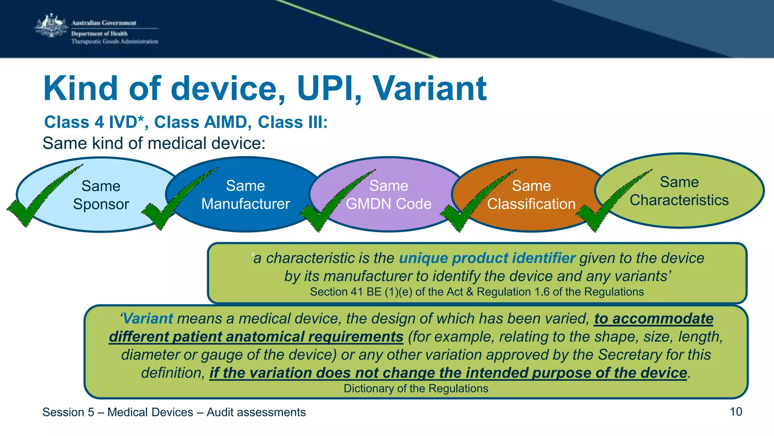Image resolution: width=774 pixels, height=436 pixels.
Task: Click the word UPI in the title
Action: pyautogui.click(x=329, y=89)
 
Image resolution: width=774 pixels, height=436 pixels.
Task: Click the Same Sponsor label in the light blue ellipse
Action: pyautogui.click(x=101, y=195)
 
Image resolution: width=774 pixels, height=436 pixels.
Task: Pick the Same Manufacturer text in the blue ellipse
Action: pyautogui.click(x=246, y=195)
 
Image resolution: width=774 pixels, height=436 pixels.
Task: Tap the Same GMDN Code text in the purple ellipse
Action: pyautogui.click(x=389, y=195)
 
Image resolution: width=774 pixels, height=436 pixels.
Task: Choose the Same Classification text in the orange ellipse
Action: pyautogui.click(x=531, y=195)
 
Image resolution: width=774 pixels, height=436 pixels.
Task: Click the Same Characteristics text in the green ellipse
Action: pyautogui.click(x=679, y=191)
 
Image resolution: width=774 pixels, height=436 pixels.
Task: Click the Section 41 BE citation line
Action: pyautogui.click(x=477, y=292)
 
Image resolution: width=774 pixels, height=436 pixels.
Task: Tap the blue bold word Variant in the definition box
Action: pyautogui.click(x=148, y=319)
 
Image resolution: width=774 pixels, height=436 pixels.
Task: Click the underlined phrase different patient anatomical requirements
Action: pyautogui.click(x=256, y=337)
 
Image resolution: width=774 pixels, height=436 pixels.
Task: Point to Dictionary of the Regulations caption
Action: pyautogui.click(x=416, y=389)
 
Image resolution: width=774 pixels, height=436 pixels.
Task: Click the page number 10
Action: pyautogui.click(x=735, y=412)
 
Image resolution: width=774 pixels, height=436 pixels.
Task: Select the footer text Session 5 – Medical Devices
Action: pyautogui.click(x=118, y=412)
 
